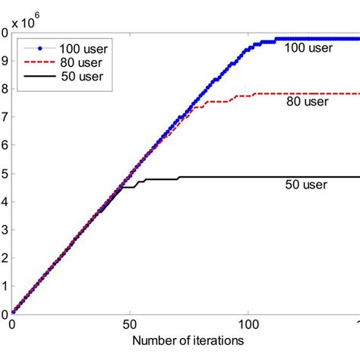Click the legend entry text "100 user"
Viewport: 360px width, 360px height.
pyautogui.click(x=85, y=46)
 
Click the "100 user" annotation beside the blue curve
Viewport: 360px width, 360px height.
pyautogui.click(x=308, y=49)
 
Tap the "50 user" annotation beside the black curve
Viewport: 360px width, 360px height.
pyautogui.click(x=308, y=185)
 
